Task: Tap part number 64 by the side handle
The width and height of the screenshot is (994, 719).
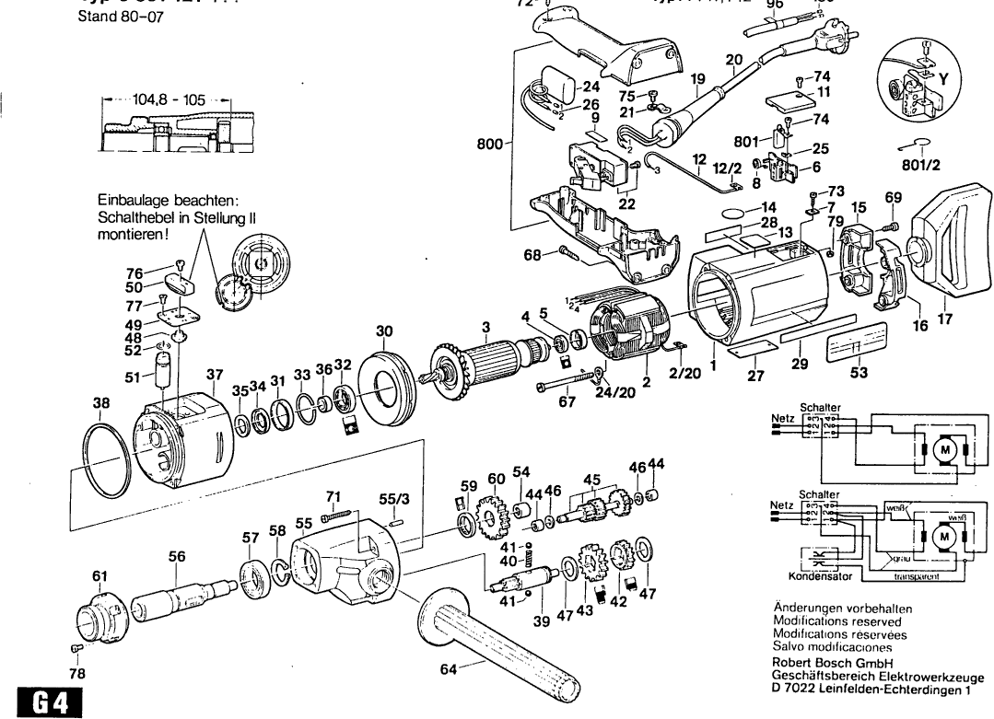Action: point(449,669)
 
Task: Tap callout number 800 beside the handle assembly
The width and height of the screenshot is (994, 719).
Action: point(490,144)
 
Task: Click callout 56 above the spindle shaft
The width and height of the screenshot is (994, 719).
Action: point(177,556)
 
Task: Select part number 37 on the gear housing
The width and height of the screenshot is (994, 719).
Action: point(215,375)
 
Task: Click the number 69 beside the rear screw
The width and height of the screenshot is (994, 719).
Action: point(893,197)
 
